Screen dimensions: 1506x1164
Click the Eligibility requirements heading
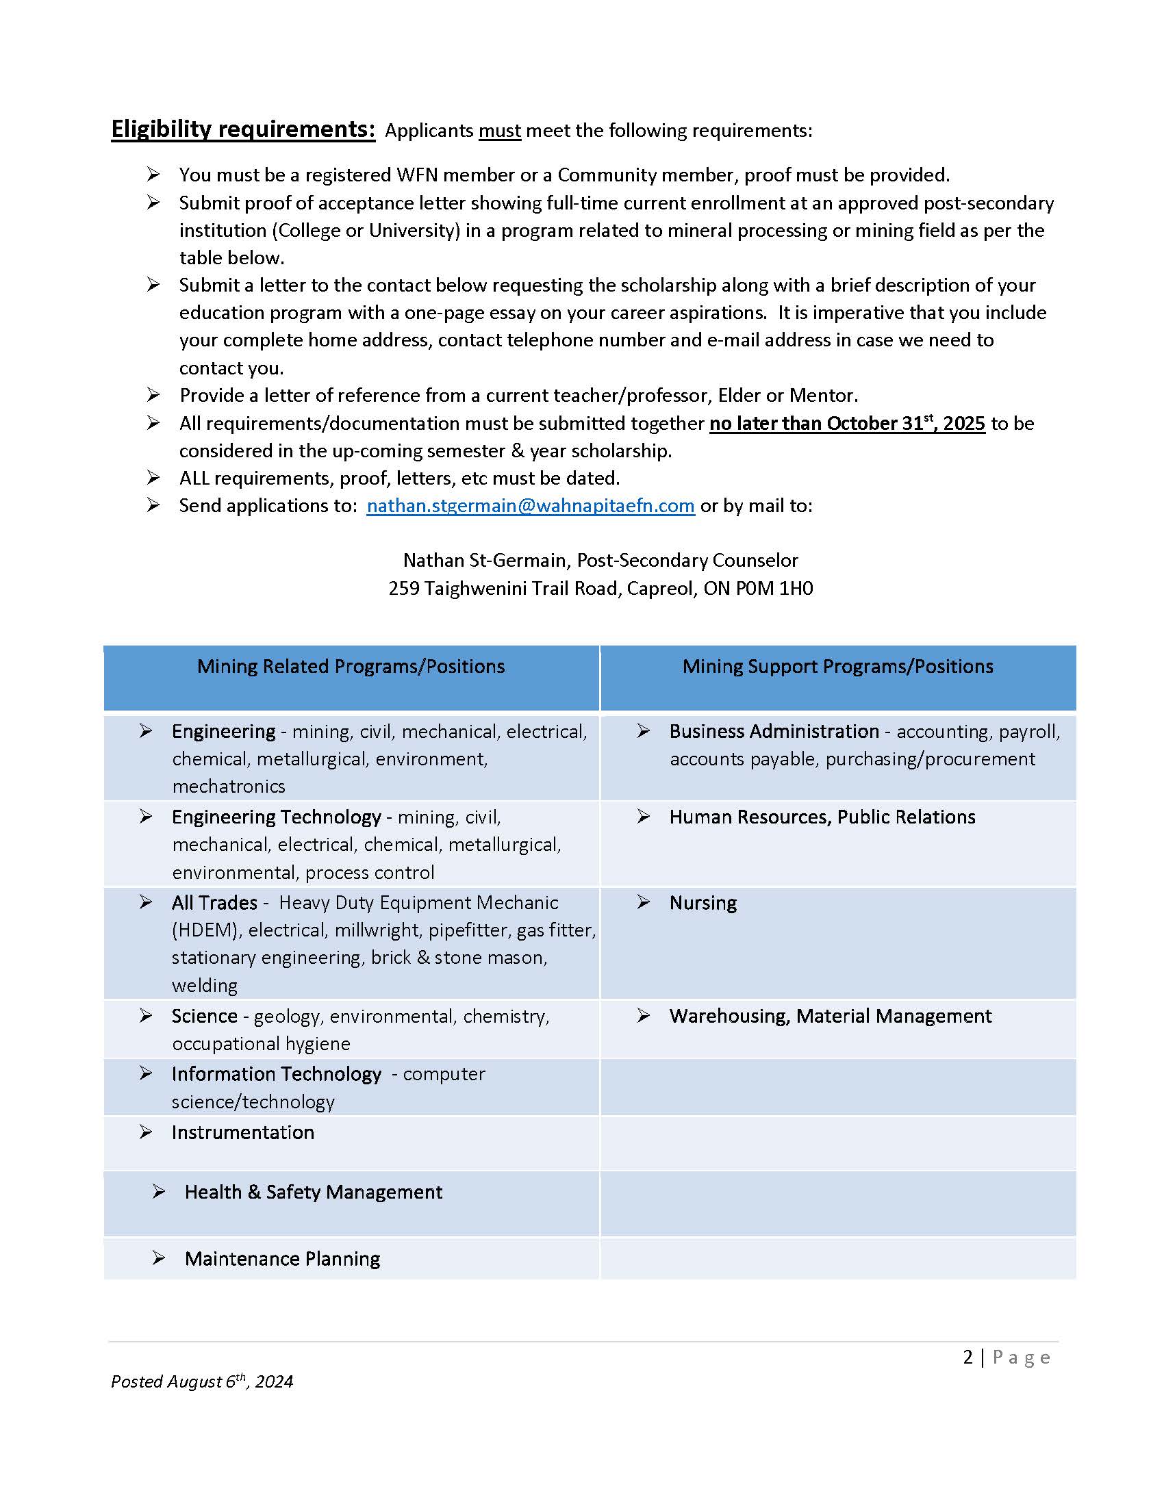click(x=243, y=129)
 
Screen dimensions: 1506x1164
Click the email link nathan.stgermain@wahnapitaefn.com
click(x=530, y=505)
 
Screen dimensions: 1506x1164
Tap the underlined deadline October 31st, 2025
click(x=847, y=423)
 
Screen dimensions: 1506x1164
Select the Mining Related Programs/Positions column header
click(x=351, y=666)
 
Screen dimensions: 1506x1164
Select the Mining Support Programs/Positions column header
click(x=837, y=666)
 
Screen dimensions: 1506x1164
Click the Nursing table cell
click(x=703, y=903)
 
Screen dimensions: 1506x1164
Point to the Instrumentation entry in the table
click(x=243, y=1132)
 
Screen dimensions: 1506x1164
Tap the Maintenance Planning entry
click(x=282, y=1258)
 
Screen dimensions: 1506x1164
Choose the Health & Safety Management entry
click(x=313, y=1192)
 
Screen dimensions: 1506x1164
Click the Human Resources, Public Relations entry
click(x=822, y=817)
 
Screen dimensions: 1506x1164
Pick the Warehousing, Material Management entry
click(x=831, y=1016)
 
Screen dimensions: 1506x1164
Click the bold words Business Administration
click(x=774, y=731)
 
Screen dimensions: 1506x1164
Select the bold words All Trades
click(x=214, y=903)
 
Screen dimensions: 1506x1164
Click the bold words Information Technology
click(x=276, y=1073)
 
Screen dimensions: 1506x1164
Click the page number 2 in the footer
click(x=967, y=1357)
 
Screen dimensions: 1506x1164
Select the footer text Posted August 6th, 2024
click(x=201, y=1382)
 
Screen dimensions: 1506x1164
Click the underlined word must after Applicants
click(x=499, y=131)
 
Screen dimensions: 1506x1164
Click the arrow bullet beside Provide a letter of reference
click(x=153, y=394)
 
